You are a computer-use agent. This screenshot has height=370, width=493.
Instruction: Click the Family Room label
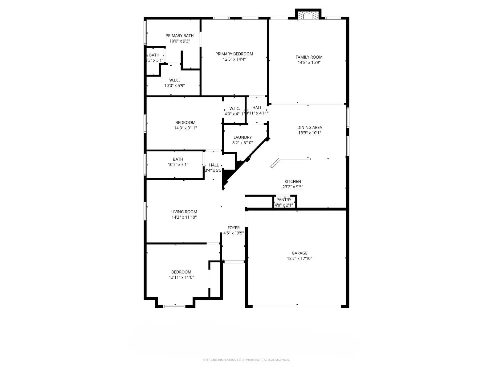[309, 57]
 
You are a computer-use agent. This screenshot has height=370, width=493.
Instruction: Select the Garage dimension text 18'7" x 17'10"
[299, 258]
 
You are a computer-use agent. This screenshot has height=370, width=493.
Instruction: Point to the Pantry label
[284, 200]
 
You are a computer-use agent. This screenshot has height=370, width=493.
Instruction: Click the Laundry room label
[242, 137]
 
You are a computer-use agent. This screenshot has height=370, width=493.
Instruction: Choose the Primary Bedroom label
[234, 54]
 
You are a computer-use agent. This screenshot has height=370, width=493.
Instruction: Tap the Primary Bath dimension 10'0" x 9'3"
[180, 41]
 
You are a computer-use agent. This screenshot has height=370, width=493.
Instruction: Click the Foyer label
[234, 228]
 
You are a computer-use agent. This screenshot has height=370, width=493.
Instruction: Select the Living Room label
[184, 212]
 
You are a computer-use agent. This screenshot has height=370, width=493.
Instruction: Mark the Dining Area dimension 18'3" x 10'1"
[310, 133]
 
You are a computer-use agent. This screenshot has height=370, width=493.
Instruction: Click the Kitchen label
[293, 182]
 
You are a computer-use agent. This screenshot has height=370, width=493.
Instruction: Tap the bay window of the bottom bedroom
[174, 306]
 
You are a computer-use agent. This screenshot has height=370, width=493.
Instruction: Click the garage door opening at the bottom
[297, 306]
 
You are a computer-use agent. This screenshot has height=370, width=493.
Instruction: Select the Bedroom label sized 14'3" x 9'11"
[185, 122]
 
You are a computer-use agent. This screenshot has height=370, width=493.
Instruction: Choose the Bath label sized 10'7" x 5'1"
[178, 159]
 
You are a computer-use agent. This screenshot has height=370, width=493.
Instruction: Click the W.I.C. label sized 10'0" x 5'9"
[174, 80]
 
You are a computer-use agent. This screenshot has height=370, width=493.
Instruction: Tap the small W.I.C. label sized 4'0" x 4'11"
[234, 109]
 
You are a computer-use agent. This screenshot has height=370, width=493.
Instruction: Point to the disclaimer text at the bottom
[246, 360]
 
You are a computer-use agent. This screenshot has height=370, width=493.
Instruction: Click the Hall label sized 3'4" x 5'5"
[214, 165]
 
